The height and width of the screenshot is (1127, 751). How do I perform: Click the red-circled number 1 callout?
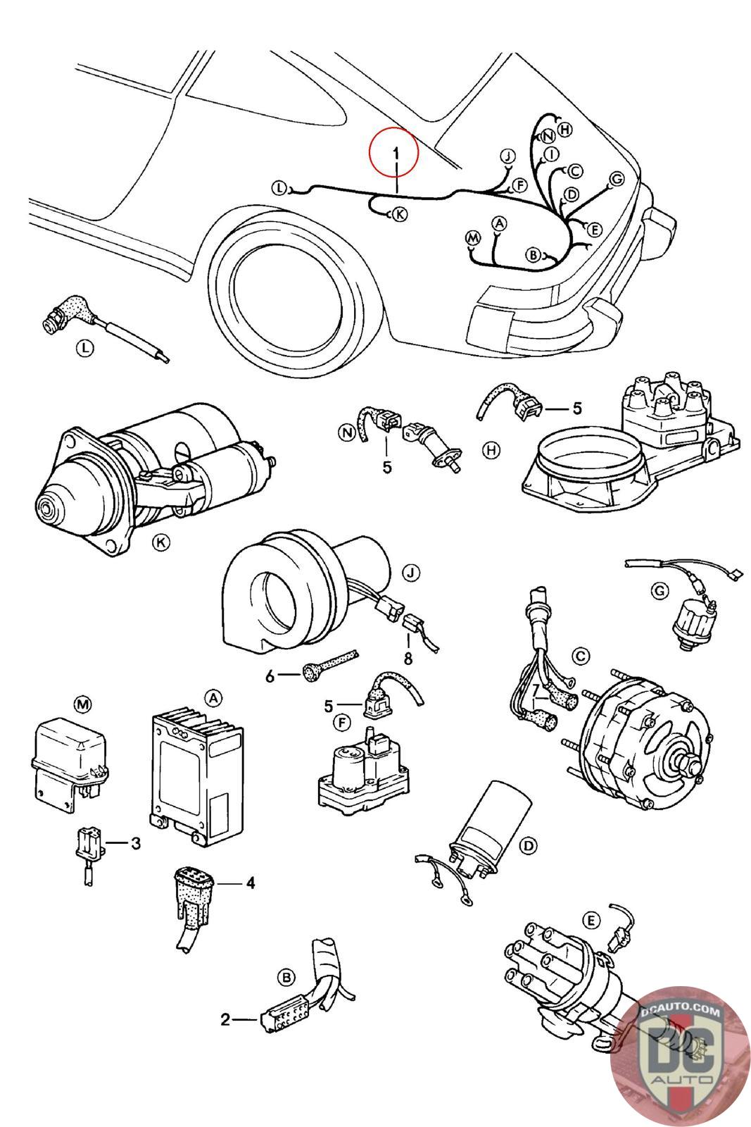tap(396, 153)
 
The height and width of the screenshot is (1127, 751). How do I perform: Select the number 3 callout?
tap(136, 843)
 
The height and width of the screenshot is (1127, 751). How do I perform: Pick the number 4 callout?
tap(251, 883)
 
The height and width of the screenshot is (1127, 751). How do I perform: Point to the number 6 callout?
tap(270, 676)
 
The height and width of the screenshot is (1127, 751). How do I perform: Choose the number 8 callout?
tap(408, 658)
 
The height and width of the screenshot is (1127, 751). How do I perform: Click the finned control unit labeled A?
tap(197, 780)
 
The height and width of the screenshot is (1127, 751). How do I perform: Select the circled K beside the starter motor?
tap(161, 542)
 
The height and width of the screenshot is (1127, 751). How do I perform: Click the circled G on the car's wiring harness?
tap(617, 178)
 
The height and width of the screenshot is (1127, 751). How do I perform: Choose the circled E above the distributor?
tap(591, 921)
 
